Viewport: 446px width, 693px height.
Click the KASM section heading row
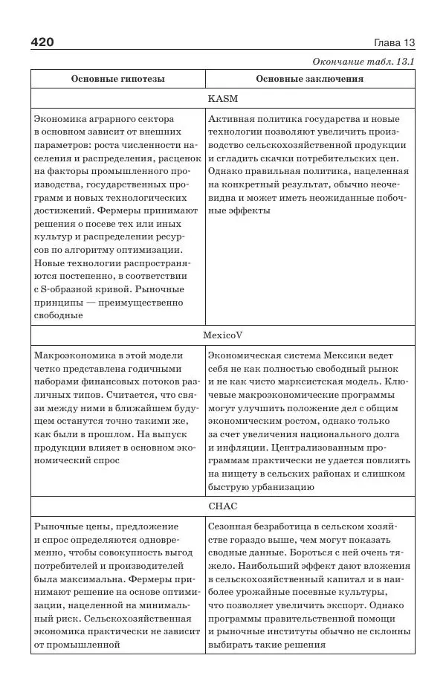click(x=223, y=98)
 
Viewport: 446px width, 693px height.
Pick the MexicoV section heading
click(x=223, y=335)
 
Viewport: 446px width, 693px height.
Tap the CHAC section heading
click(x=223, y=506)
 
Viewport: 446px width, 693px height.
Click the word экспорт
click(x=344, y=605)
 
